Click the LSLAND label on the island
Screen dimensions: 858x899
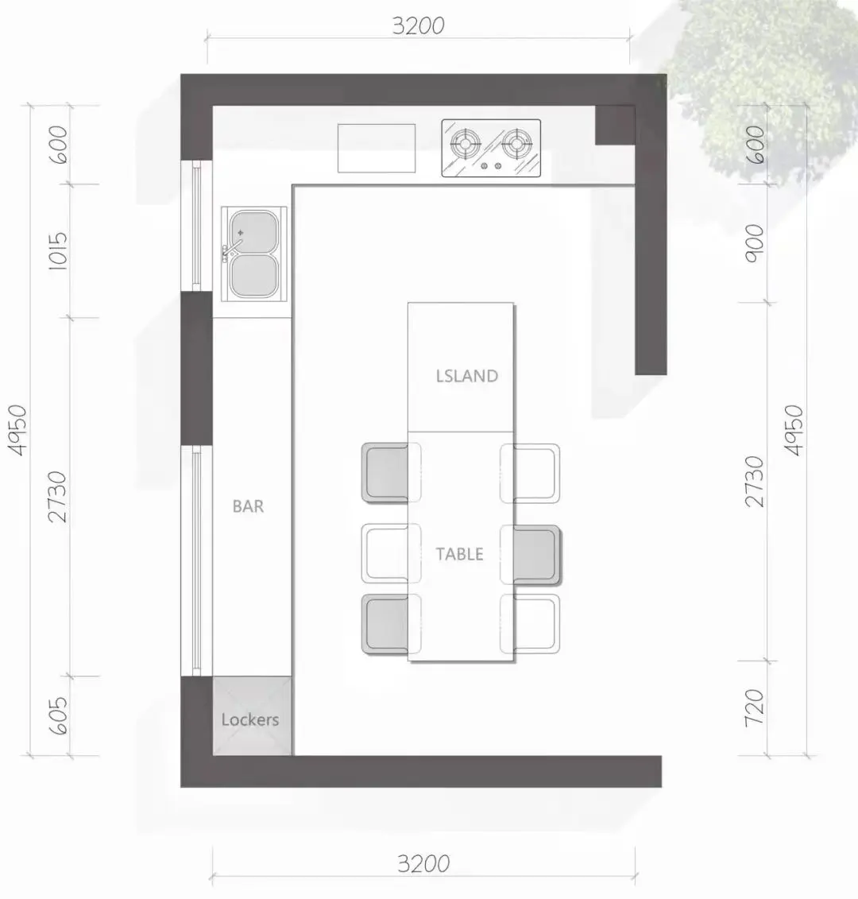[x=466, y=376]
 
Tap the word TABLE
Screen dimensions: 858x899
[x=459, y=554]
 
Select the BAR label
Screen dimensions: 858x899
[x=248, y=506]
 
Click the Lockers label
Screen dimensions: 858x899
[x=250, y=719]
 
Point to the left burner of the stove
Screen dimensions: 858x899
[x=465, y=142]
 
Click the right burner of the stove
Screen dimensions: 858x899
[x=517, y=142]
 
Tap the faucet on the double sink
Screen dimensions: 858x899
[x=232, y=247]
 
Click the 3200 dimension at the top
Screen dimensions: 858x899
[x=418, y=25]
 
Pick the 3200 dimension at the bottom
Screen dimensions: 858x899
[x=423, y=863]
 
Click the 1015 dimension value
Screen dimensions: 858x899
[x=59, y=251]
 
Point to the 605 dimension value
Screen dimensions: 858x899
[x=59, y=715]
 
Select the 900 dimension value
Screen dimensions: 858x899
[x=755, y=244]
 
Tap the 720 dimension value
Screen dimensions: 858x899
[x=755, y=708]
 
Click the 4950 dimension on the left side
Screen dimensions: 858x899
[x=17, y=431]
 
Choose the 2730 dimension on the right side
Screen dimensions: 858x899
[x=755, y=482]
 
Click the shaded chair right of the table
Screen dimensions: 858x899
[x=531, y=555]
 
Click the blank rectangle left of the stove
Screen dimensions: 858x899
[x=377, y=148]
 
